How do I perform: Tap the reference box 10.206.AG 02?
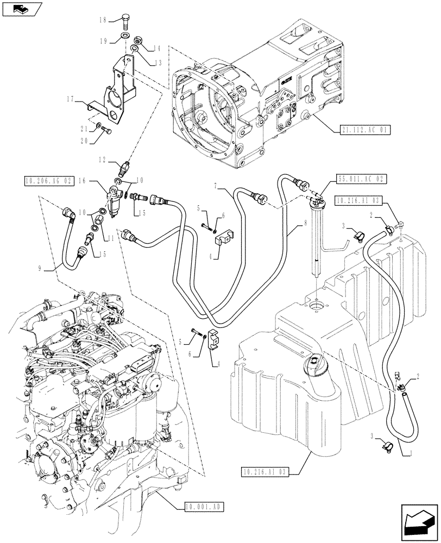click(x=49, y=181)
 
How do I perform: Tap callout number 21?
click(x=84, y=129)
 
